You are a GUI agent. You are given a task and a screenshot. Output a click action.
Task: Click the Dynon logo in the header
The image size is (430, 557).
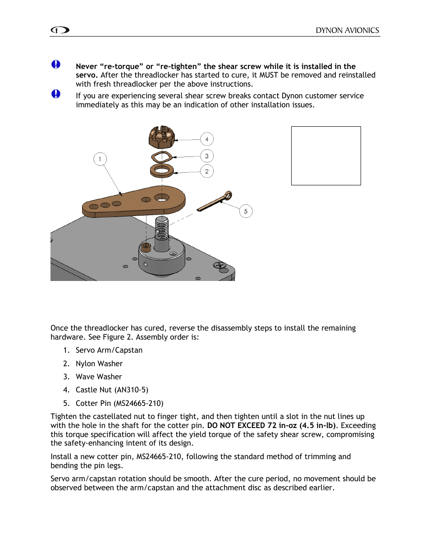(60, 30)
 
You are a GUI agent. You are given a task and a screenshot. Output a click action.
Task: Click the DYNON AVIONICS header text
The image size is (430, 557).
(347, 30)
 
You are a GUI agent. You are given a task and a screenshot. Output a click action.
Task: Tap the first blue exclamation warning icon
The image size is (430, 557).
(56, 64)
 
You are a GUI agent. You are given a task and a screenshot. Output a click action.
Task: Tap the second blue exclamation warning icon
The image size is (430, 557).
(56, 94)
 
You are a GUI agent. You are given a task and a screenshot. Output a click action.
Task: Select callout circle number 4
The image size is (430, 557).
(207, 139)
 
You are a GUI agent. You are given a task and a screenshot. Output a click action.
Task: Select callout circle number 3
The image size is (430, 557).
(207, 156)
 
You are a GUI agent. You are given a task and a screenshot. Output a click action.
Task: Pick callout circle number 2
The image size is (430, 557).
(207, 171)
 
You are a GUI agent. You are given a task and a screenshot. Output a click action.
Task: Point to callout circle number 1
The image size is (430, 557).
(100, 159)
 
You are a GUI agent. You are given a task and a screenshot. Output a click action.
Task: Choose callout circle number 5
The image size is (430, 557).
(246, 211)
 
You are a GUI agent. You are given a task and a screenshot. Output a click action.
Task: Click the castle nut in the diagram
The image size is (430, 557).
(161, 137)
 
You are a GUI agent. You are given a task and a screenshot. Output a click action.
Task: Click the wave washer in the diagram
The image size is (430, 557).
(161, 157)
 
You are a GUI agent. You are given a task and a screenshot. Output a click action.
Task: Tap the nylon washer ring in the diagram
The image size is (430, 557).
(161, 170)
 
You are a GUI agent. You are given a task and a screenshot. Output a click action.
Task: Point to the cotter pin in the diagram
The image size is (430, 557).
(215, 202)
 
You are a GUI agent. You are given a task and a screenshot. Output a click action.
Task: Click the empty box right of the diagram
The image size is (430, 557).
(326, 156)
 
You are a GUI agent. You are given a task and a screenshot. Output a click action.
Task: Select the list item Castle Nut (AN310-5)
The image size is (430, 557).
(112, 390)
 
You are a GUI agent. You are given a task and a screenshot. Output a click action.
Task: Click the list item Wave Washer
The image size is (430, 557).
(99, 377)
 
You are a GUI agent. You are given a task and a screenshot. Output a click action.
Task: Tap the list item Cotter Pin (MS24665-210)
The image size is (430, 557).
(119, 403)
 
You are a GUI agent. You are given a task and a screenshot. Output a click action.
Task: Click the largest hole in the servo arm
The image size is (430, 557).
(162, 198)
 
